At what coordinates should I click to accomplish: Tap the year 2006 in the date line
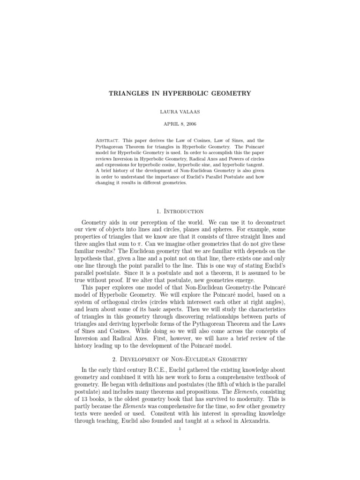[189, 124]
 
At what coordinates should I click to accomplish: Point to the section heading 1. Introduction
[180, 211]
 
